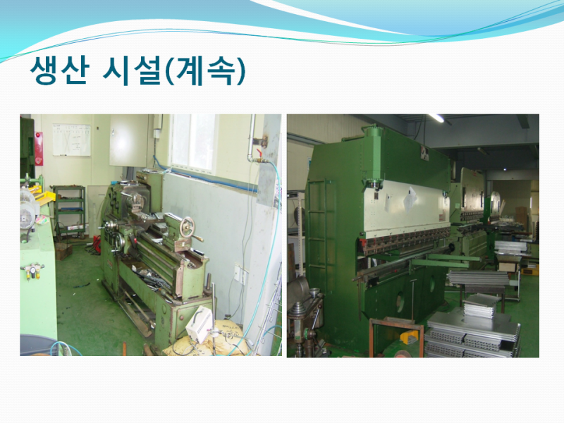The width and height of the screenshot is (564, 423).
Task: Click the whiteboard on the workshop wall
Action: [x=72, y=140]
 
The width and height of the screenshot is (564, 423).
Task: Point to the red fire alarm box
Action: [x=39, y=149]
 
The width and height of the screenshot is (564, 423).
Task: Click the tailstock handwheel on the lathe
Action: [x=187, y=227]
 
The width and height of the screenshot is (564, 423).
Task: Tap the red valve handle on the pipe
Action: [x=258, y=153]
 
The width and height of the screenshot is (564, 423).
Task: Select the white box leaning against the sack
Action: [x=199, y=324]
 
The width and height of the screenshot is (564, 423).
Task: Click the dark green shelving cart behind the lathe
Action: [x=69, y=211]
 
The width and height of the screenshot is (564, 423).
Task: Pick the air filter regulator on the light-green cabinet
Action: [x=32, y=271]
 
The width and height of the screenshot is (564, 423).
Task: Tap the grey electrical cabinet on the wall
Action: [x=128, y=140]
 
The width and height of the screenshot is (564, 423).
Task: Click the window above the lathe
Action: [x=193, y=142]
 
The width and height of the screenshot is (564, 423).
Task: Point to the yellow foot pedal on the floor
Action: [x=410, y=337]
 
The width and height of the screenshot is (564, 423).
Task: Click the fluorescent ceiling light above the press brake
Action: [x=436, y=118]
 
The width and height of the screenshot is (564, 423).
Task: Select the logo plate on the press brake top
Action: [x=425, y=153]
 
